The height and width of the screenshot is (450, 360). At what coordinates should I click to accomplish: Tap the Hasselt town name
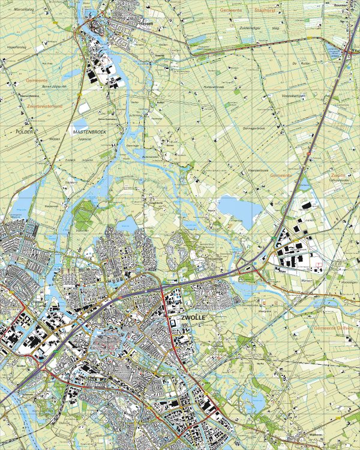point(145,23)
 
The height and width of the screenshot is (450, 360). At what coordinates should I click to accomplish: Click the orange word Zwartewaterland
point(45,105)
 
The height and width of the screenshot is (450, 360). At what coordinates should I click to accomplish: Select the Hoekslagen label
point(348,281)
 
